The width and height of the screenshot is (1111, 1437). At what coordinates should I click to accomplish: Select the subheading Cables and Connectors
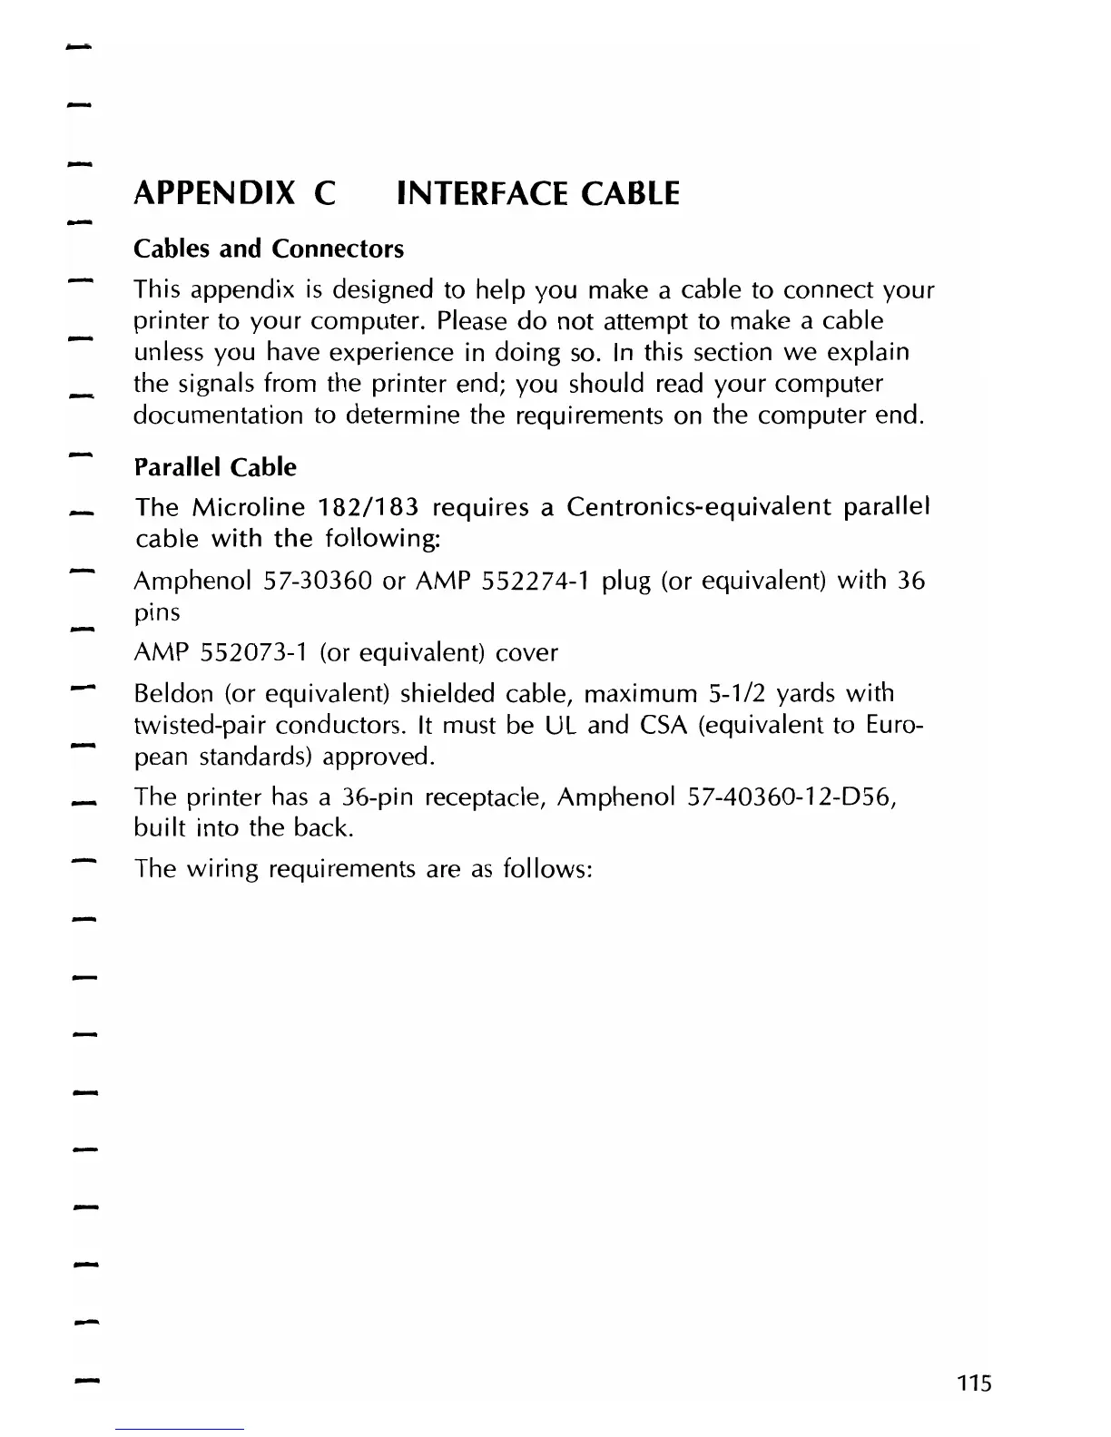click(x=269, y=249)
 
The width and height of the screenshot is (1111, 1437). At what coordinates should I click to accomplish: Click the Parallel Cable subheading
click(x=215, y=467)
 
